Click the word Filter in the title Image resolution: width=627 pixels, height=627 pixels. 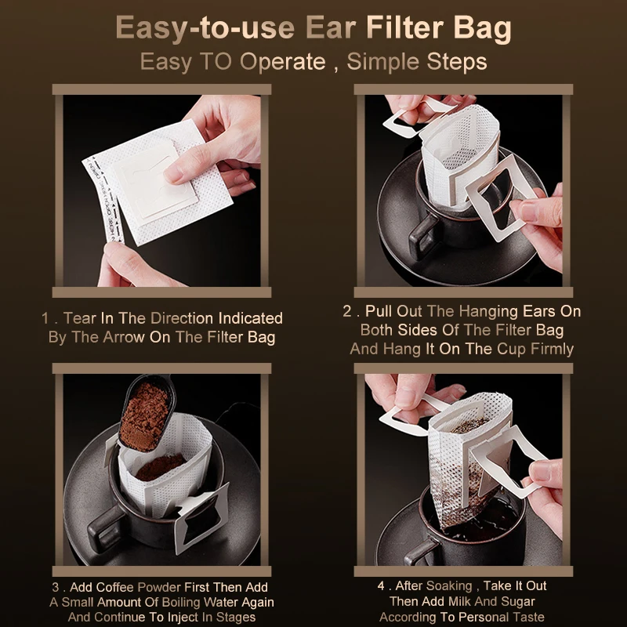point(404,27)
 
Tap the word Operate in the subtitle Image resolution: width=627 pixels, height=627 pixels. point(283,62)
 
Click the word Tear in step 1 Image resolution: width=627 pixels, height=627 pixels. point(80,318)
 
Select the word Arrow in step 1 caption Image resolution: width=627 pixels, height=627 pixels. point(124,337)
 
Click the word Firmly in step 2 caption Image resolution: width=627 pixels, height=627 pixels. point(553,349)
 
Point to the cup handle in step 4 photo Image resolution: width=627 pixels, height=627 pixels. point(421,552)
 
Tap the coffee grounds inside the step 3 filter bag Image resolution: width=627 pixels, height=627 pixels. point(160,467)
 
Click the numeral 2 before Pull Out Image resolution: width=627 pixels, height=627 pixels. point(347,311)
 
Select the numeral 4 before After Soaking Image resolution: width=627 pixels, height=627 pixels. point(382,585)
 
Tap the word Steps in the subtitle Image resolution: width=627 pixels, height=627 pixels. point(457,62)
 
